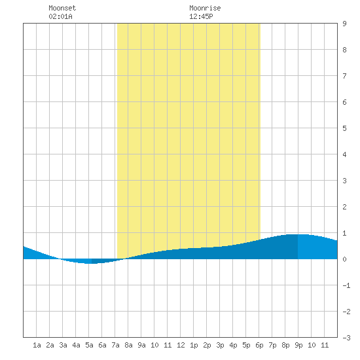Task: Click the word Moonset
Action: tap(62, 8)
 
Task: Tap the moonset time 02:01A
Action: tap(60, 16)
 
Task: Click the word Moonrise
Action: tap(205, 8)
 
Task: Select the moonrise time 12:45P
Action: tap(201, 16)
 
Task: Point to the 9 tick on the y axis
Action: tap(344, 24)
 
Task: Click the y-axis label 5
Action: tap(344, 128)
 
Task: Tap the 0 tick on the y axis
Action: tap(344, 259)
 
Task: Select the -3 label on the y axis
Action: tap(346, 338)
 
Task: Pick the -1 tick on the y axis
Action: tap(346, 285)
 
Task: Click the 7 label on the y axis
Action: tap(344, 76)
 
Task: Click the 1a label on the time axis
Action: tap(37, 345)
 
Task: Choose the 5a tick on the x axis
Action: tap(89, 345)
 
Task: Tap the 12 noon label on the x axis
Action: tap(181, 345)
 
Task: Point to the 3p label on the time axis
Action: tap(220, 345)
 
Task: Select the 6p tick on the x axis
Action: tap(259, 345)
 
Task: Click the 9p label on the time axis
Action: tap(298, 345)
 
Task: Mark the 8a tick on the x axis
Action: tap(128, 345)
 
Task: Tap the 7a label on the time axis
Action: tap(115, 345)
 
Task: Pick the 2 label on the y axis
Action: tap(344, 207)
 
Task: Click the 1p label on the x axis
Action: tap(194, 345)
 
